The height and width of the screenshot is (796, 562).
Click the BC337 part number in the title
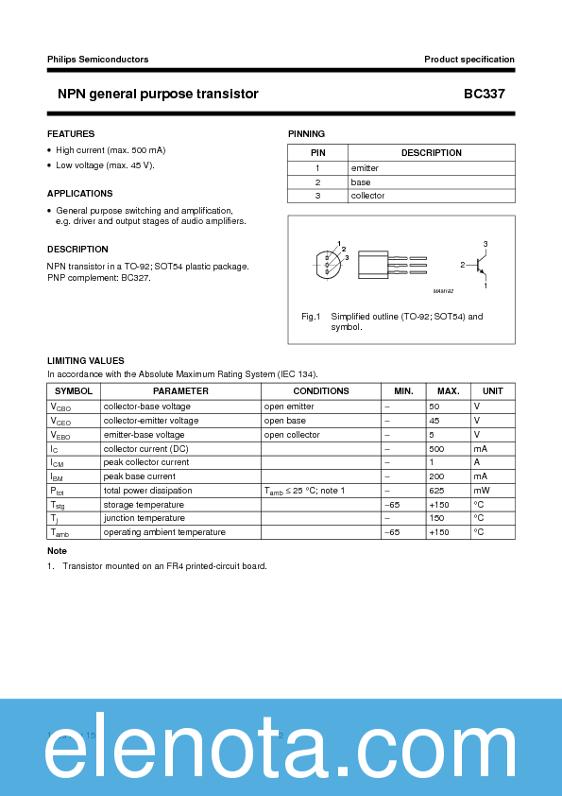(489, 95)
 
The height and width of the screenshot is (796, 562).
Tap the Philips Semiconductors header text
(97, 60)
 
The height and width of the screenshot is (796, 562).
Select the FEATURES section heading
(71, 134)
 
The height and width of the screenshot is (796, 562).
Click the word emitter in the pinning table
(365, 168)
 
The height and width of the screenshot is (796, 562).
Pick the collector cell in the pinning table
(367, 196)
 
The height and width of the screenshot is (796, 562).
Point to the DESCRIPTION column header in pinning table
(431, 153)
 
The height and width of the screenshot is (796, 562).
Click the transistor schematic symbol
(478, 265)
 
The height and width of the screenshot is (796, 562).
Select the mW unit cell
(482, 491)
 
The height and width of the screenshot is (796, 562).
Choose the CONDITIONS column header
(321, 391)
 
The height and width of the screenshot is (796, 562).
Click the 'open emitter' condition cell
(289, 407)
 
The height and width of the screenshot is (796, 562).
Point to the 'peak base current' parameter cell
(140, 476)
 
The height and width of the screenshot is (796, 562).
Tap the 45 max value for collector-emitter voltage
(434, 421)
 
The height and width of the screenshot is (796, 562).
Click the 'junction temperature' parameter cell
(144, 518)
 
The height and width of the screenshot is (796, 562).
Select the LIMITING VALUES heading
(86, 361)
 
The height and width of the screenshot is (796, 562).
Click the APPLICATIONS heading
(80, 194)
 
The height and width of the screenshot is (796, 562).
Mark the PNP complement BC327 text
(99, 278)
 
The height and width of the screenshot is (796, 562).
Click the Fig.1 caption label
(312, 317)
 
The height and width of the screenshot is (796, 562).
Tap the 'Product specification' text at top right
(468, 60)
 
